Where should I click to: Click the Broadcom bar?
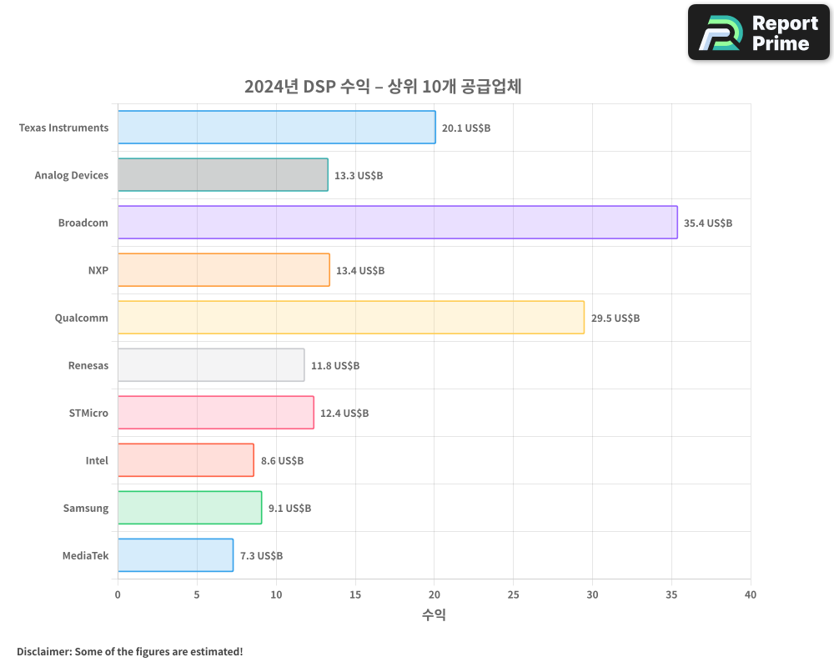pyautogui.click(x=397, y=223)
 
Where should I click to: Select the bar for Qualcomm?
pyautogui.click(x=350, y=318)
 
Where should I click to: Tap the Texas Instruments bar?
pyautogui.click(x=276, y=128)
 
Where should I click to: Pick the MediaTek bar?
pyautogui.click(x=175, y=555)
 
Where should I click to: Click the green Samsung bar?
pyautogui.click(x=189, y=508)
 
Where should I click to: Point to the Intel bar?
pyautogui.click(x=185, y=460)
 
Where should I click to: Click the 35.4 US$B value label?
pyautogui.click(x=707, y=223)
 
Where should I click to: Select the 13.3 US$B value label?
pyautogui.click(x=358, y=176)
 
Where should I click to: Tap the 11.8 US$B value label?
pyautogui.click(x=334, y=366)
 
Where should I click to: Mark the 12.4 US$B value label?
pyautogui.click(x=344, y=414)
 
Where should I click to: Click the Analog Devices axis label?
pyautogui.click(x=71, y=175)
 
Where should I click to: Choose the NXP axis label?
pyautogui.click(x=98, y=270)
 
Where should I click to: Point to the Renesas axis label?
pyautogui.click(x=88, y=365)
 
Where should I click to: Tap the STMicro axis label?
pyautogui.click(x=88, y=413)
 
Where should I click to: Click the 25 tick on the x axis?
pyautogui.click(x=513, y=594)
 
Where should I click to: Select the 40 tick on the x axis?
pyautogui.click(x=751, y=594)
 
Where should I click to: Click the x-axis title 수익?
pyautogui.click(x=434, y=615)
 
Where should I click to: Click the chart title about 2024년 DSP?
pyautogui.click(x=383, y=87)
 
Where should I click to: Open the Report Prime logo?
pyautogui.click(x=758, y=33)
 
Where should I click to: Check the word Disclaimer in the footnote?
pyautogui.click(x=43, y=651)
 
